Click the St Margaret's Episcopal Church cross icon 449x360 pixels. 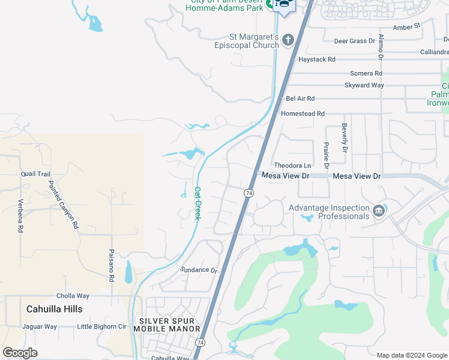[x=288, y=40]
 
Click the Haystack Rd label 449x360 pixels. [x=316, y=60]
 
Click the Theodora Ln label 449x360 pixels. [x=292, y=166]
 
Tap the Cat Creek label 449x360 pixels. [x=197, y=202]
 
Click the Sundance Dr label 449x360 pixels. [x=199, y=270]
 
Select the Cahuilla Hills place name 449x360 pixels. [x=54, y=309]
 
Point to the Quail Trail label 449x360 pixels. [x=35, y=174]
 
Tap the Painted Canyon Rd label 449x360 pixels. [x=63, y=205]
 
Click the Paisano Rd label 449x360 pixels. [x=112, y=266]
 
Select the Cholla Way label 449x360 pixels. [x=73, y=296]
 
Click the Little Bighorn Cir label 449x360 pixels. [x=102, y=327]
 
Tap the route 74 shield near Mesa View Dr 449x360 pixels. [x=248, y=193]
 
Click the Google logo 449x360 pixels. [x=20, y=353]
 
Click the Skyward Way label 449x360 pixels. [x=364, y=85]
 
